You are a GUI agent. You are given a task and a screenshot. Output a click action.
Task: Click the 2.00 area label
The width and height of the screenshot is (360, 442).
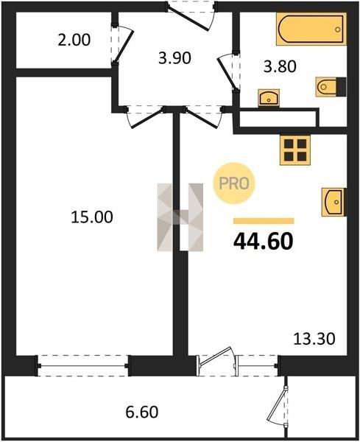[74, 40]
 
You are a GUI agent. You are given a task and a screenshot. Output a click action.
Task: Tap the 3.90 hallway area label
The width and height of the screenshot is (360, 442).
[174, 58]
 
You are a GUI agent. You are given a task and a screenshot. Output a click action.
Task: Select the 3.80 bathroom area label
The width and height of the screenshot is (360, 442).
[280, 67]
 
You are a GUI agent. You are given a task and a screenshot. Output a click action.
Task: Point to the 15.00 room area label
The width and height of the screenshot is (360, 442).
[92, 217]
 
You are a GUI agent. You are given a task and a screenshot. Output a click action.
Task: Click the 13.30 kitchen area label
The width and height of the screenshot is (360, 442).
[314, 339]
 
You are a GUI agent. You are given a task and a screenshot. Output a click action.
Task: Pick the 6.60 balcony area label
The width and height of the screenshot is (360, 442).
[141, 412]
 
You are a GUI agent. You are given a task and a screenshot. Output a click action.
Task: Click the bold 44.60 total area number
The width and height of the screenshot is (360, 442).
[264, 242]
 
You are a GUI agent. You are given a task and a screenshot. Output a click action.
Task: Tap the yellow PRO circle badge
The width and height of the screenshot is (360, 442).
[234, 183]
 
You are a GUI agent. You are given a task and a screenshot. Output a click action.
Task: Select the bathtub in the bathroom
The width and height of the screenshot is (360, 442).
[311, 29]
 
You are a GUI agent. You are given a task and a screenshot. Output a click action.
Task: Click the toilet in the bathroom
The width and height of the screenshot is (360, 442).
[331, 87]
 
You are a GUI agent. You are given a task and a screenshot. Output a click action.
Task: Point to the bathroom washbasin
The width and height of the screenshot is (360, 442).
[269, 98]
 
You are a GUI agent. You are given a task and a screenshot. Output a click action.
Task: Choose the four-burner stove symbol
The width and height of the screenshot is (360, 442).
[295, 150]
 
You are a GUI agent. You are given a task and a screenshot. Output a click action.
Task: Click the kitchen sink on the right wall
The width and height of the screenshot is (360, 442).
[334, 202]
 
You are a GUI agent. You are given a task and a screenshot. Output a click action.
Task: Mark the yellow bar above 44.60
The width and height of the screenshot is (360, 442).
[264, 221]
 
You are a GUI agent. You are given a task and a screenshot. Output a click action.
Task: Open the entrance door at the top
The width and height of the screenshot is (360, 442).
[191, 15]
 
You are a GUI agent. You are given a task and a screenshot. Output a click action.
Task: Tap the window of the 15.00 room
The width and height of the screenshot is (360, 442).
[82, 366]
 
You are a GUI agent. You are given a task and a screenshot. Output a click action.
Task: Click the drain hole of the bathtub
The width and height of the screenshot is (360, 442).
[338, 29]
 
